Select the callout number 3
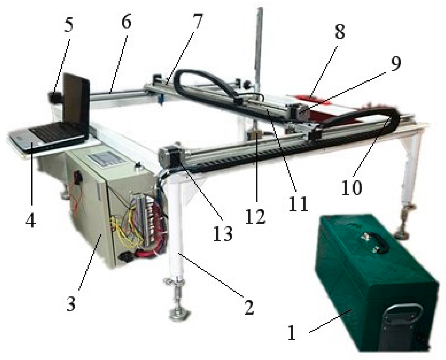tap(71, 302)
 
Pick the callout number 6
tap(127, 21)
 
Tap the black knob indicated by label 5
tap(54, 97)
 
